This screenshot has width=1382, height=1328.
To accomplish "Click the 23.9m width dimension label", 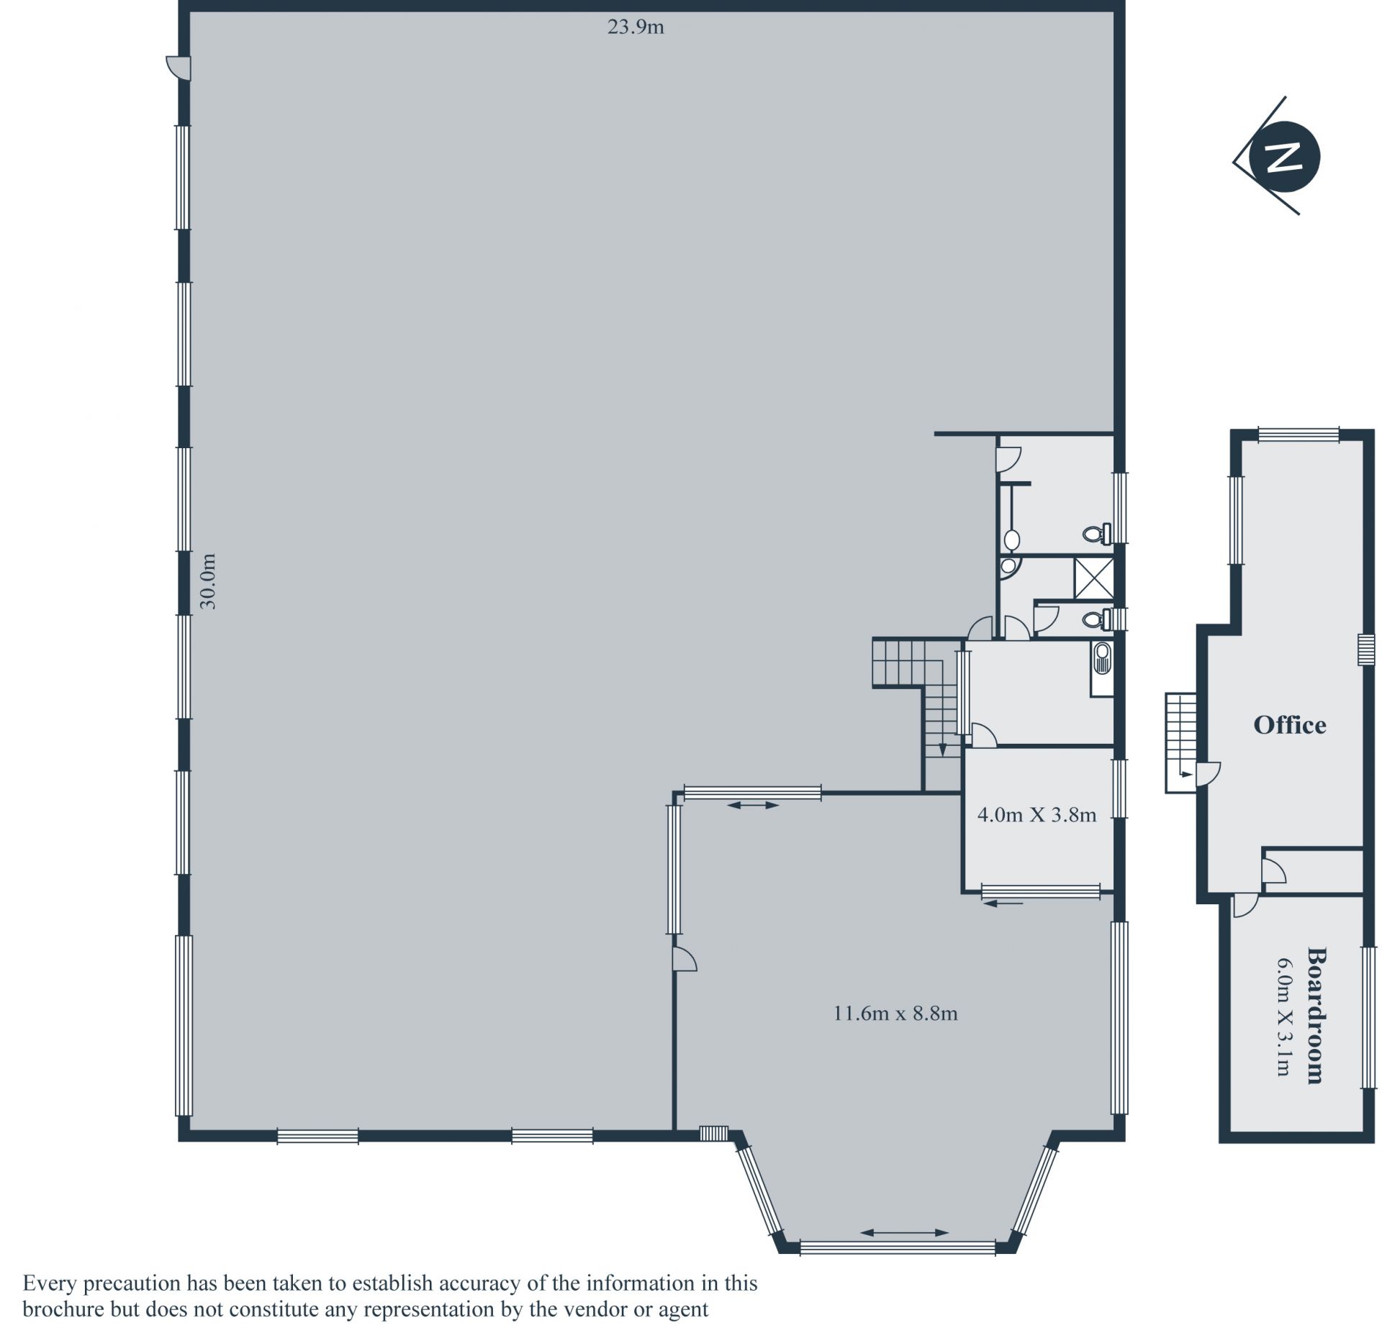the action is click(x=636, y=27).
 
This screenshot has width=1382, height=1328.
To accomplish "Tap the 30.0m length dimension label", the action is click(x=208, y=581).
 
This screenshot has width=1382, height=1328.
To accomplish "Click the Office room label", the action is click(x=1289, y=724).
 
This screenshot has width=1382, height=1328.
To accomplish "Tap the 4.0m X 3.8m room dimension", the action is click(x=1036, y=814).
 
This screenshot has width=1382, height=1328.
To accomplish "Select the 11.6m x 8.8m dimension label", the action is click(x=895, y=1014).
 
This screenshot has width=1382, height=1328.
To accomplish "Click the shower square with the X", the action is click(x=1093, y=578).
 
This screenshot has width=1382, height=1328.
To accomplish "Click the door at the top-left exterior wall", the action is click(x=179, y=68).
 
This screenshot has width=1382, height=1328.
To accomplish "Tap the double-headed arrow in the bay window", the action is click(x=904, y=1232).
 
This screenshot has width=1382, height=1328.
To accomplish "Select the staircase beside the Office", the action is click(x=1180, y=743).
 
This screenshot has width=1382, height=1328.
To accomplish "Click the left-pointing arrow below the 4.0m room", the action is click(x=1003, y=904).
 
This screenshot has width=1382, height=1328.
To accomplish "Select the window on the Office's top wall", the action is click(x=1299, y=435).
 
